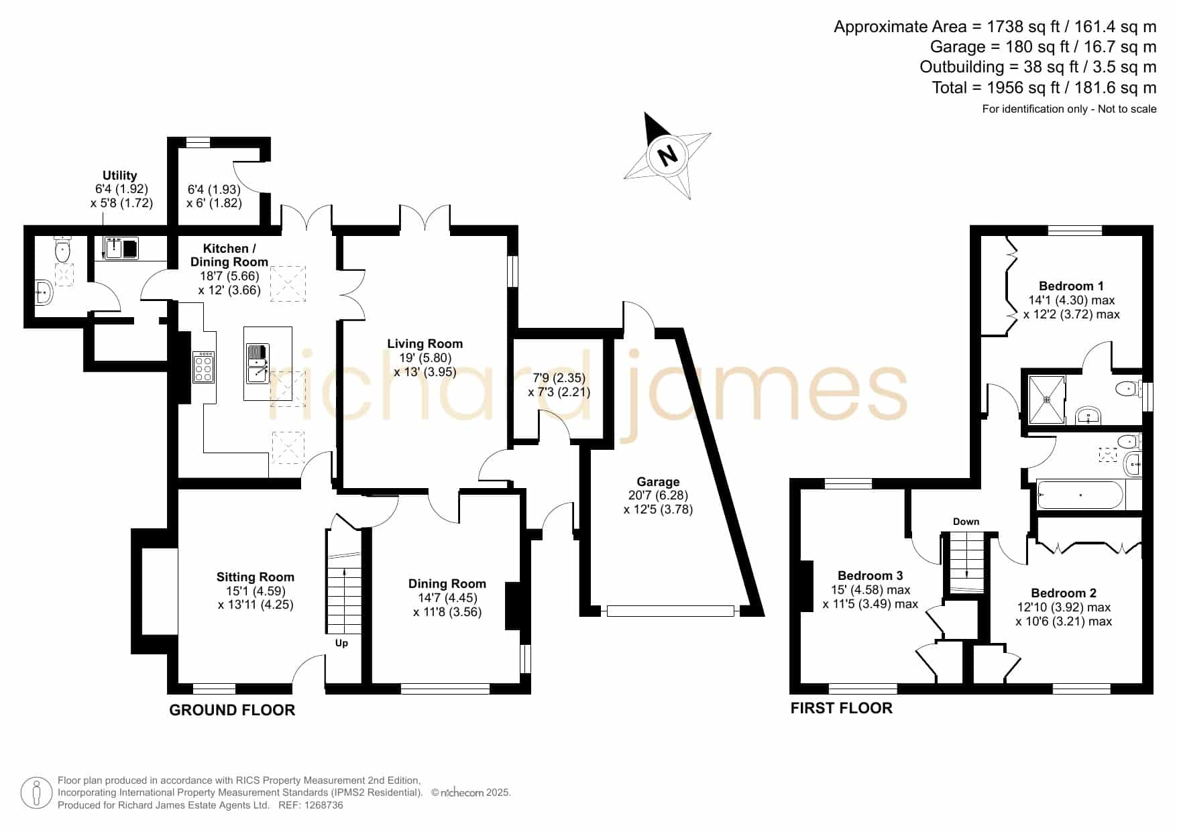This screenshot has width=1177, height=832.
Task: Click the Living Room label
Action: click(425, 343)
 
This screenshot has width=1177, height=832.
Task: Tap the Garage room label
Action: click(658, 481)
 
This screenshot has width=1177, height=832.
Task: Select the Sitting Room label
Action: click(255, 577)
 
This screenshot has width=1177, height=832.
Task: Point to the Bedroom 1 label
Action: click(1071, 286)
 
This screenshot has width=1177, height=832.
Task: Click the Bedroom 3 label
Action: click(870, 575)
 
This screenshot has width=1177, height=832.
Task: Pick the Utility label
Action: click(119, 175)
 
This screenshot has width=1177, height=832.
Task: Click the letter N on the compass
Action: click(667, 156)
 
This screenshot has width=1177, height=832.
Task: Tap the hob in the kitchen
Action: click(204, 367)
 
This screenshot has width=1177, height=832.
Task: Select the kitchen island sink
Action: click(257, 363)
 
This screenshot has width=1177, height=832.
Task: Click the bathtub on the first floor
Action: click(1080, 495)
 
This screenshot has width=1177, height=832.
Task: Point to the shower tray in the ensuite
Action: click(1047, 399)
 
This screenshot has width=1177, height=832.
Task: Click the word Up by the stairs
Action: click(341, 643)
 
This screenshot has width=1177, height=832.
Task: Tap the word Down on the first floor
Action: click(966, 521)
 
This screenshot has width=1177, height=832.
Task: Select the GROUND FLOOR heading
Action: click(232, 710)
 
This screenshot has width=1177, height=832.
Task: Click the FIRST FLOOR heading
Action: click(842, 708)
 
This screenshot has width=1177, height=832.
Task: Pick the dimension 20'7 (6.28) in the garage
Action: click(658, 495)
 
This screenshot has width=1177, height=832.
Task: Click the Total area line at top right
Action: click(1044, 87)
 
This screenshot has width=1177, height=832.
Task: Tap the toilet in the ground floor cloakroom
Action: click(62, 251)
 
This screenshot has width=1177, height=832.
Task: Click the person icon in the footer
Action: click(36, 793)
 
